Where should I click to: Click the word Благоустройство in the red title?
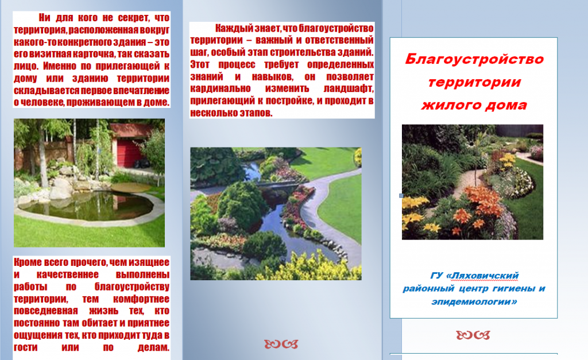tap(474, 59)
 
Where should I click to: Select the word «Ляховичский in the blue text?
tap(482, 276)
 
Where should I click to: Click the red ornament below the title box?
tap(473, 335)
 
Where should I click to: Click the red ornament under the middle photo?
tap(281, 344)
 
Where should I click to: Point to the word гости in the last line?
tap(25, 347)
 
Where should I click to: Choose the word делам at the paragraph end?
tap(152, 347)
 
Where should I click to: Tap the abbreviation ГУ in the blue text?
tap(437, 276)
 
